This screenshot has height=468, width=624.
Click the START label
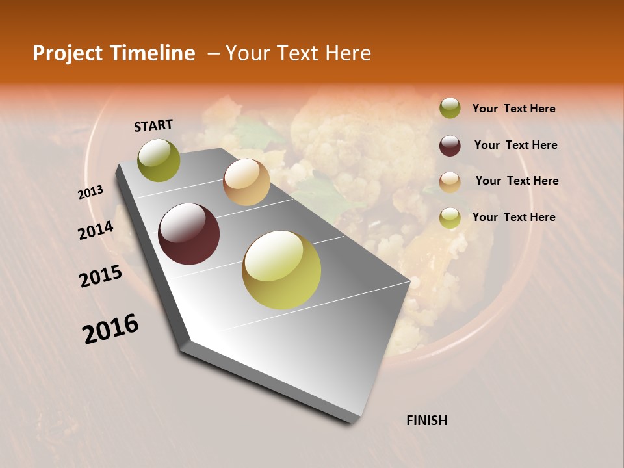(x=153, y=125)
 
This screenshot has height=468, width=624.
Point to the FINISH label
(x=427, y=421)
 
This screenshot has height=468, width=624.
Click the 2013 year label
(x=91, y=192)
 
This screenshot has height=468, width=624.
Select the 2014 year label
(x=96, y=231)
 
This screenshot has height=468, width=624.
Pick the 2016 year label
(x=110, y=329)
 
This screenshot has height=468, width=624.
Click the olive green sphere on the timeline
(x=159, y=160)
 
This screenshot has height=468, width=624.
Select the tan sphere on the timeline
(x=246, y=182)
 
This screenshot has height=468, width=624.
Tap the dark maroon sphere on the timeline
(x=189, y=234)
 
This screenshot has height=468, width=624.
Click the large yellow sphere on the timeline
(x=281, y=270)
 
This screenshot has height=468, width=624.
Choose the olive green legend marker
(x=450, y=109)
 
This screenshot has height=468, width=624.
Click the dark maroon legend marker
(x=450, y=146)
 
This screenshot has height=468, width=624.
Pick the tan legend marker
(x=450, y=182)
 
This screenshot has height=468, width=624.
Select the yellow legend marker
(x=450, y=218)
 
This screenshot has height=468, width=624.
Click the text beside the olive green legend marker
(x=513, y=109)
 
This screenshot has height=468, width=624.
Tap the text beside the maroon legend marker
(x=515, y=145)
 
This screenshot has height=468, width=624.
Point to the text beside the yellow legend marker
(x=513, y=217)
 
